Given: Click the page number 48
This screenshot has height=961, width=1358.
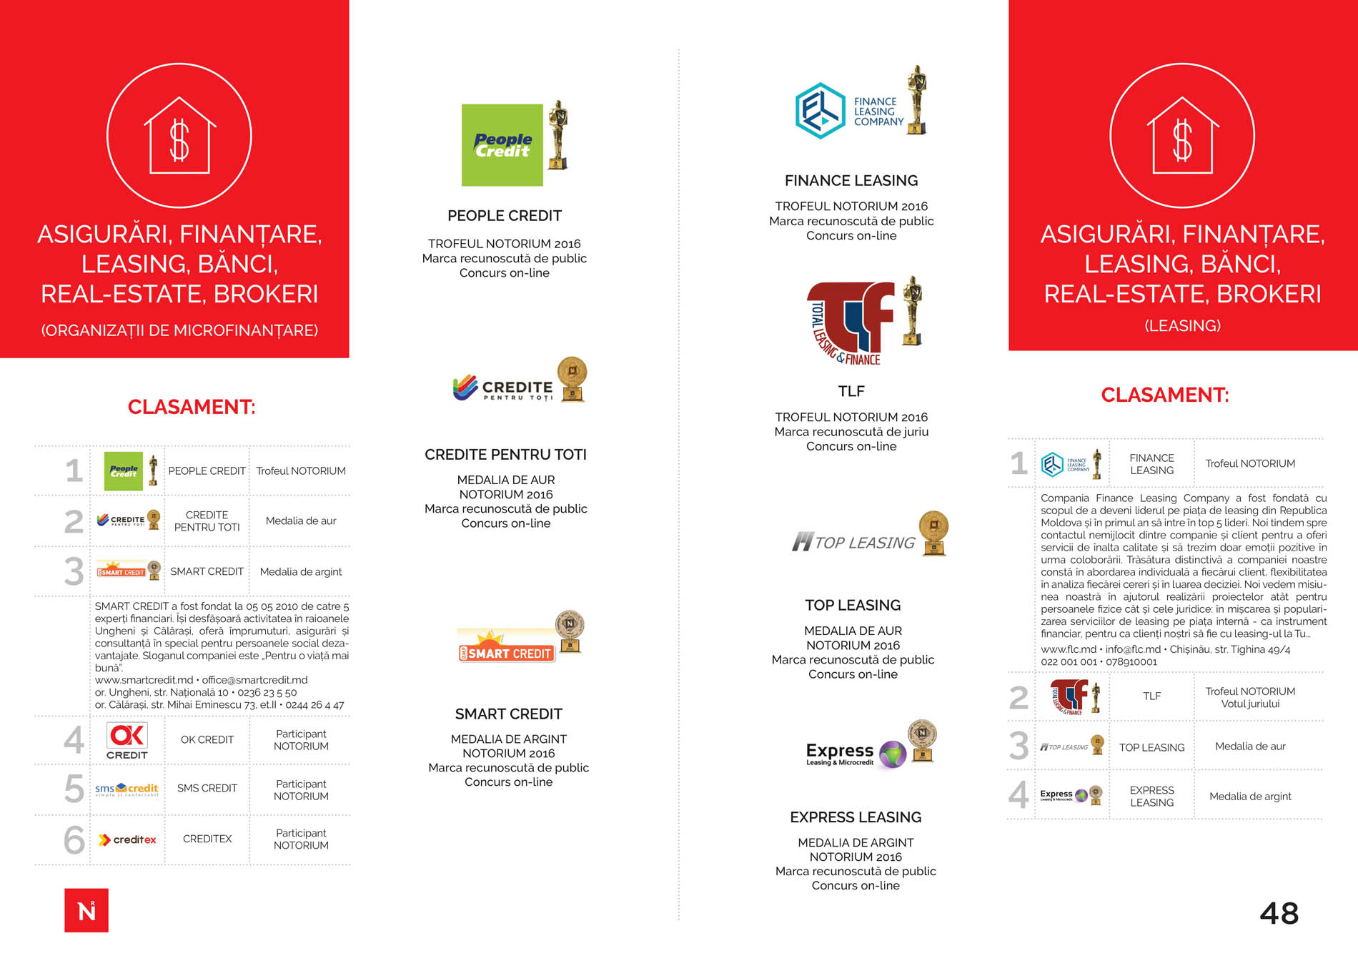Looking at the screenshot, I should coord(1279,913).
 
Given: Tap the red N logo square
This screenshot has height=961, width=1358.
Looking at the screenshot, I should coord(86,910).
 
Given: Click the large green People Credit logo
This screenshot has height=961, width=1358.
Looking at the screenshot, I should coord(502,145).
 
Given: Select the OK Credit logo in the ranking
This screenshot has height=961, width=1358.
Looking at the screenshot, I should coord(127,740).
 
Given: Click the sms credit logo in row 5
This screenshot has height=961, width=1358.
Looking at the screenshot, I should coord(127,789).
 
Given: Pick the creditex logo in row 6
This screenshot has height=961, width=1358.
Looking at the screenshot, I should coord(127,839).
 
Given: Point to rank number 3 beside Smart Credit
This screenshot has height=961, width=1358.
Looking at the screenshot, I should coord(74,571).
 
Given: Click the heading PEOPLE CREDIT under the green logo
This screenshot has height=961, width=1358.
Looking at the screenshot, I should coord(505,216).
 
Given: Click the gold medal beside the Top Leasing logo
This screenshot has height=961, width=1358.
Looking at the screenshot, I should coord(933,533).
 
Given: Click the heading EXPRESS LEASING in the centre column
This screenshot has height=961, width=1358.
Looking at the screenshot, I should coord(856,817).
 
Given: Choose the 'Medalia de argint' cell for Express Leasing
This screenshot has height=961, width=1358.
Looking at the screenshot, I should coord(1250,797).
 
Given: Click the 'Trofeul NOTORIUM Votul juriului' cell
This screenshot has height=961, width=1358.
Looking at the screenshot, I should coord(1250,697).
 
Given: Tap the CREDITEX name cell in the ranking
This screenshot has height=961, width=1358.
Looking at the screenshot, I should coord(207,839).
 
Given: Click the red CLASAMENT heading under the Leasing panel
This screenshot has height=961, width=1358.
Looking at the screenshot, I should coord(1165,395).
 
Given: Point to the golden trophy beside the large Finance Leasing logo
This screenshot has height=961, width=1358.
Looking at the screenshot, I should coord(916,100).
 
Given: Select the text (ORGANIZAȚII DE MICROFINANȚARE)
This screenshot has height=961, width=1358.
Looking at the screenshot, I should coord(179,330).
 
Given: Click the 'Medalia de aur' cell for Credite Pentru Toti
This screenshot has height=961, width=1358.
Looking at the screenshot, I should coord(301,521).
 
